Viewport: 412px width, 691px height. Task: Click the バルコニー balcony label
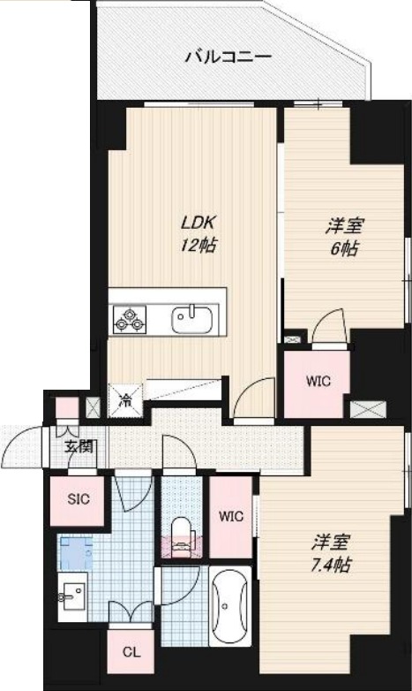tap(228, 58)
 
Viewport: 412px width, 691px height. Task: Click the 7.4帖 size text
tap(331, 564)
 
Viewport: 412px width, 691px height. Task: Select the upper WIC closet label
tap(318, 382)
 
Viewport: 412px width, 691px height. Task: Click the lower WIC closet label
tap(231, 516)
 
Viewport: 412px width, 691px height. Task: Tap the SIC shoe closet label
tap(79, 497)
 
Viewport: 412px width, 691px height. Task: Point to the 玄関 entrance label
tap(78, 446)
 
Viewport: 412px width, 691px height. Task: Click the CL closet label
tap(131, 654)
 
